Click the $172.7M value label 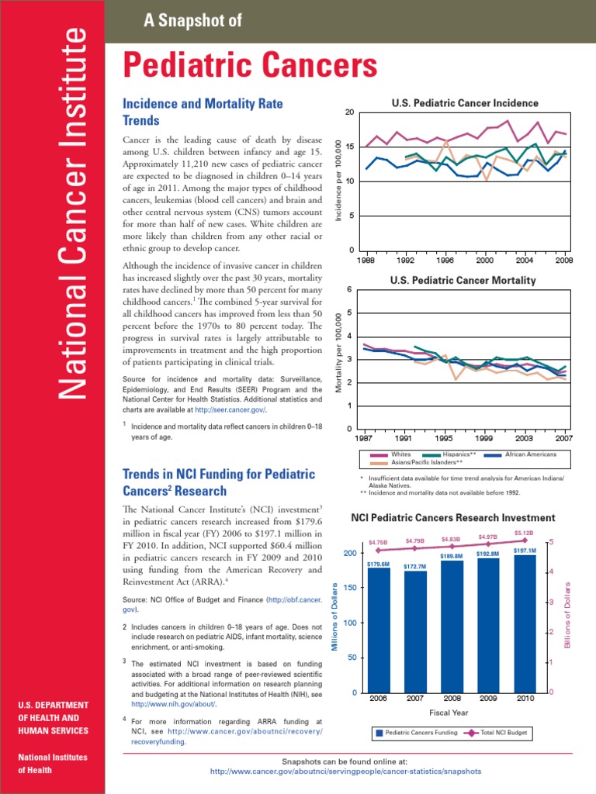[x=415, y=567]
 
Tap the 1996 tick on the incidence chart [x=445, y=261]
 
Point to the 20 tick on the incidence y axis [x=349, y=112]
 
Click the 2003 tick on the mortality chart [x=524, y=437]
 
